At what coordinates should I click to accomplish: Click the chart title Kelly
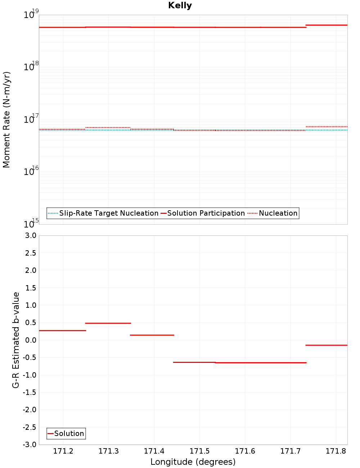[x=180, y=6]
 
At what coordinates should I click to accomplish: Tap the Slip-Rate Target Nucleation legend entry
[x=108, y=213]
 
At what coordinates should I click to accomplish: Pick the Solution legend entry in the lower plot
[x=69, y=434]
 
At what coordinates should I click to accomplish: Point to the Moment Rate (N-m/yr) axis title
[x=6, y=120]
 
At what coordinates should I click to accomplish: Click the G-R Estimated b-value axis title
[x=16, y=340]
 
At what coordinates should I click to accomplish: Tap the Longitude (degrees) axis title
[x=193, y=462]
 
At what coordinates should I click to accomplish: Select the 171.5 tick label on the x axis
[x=199, y=451]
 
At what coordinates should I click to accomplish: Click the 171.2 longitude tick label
[x=63, y=451]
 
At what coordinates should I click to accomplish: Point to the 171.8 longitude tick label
[x=336, y=451]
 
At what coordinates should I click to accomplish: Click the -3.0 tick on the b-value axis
[x=30, y=445]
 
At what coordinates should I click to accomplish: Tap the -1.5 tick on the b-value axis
[x=30, y=392]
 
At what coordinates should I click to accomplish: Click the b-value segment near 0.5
[x=108, y=323]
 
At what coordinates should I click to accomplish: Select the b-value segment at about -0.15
[x=327, y=345]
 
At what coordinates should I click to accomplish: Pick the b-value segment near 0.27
[x=62, y=330]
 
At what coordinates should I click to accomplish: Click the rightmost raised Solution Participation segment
[x=327, y=25]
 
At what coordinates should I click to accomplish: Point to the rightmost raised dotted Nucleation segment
[x=327, y=127]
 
